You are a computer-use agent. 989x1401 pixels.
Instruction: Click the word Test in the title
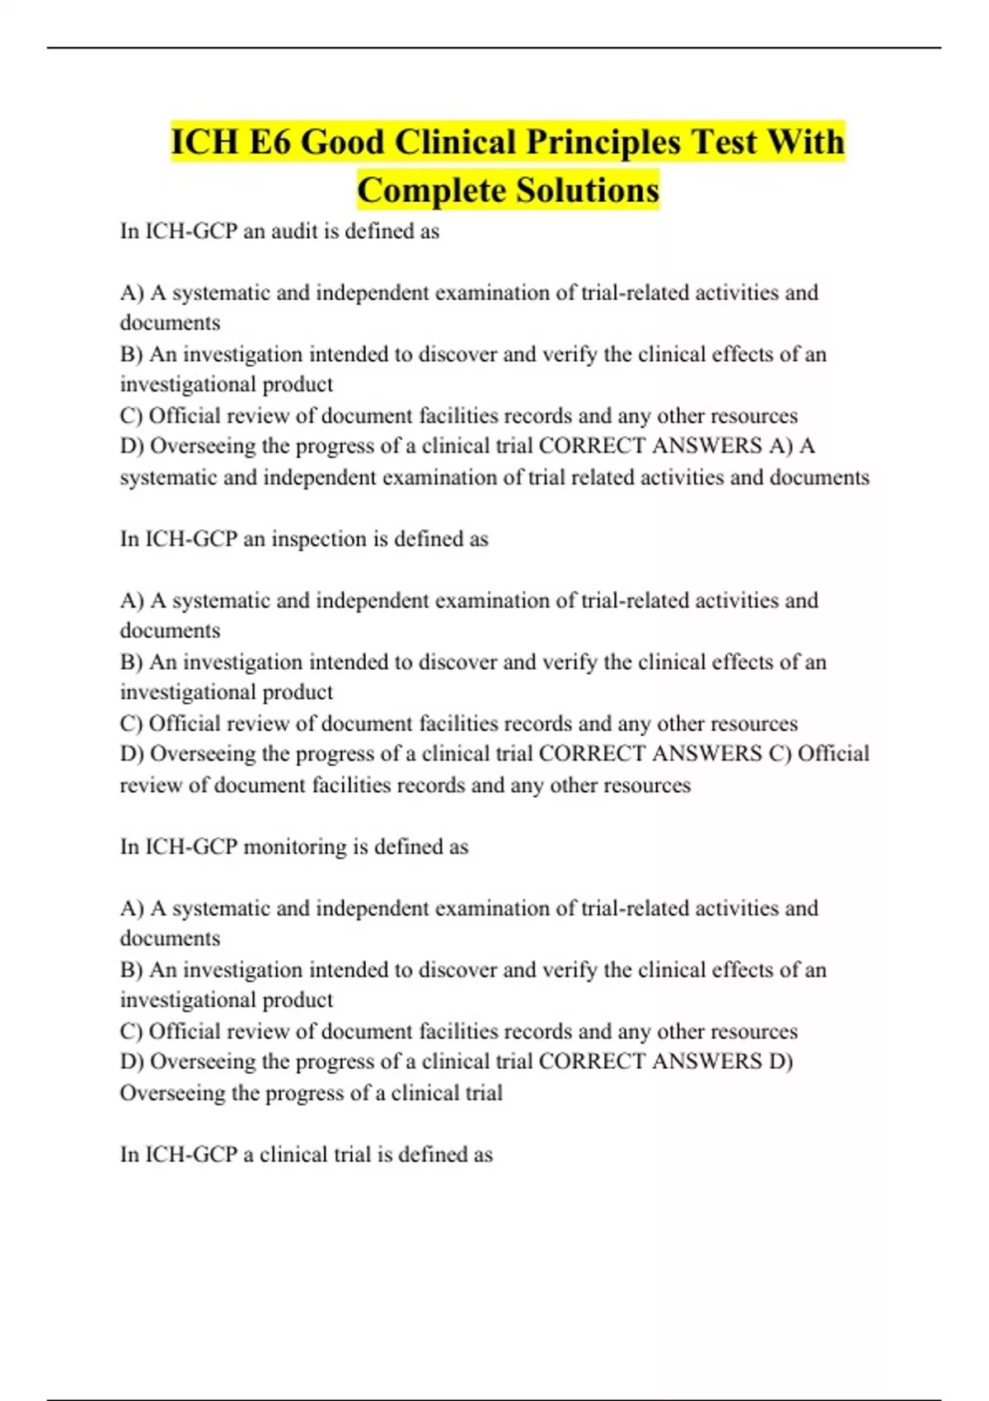724,142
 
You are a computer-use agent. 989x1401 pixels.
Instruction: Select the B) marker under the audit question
132,354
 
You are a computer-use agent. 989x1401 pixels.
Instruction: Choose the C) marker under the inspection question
132,724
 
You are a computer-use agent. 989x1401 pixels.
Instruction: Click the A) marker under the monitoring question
132,908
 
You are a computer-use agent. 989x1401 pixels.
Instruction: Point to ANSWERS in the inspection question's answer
707,754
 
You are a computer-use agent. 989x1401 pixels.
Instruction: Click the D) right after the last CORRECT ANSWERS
780,1061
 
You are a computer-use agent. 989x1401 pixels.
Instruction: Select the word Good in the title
342,142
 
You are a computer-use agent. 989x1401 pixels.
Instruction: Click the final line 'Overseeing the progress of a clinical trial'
311,1093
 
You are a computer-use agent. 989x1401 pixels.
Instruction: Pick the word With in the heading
805,142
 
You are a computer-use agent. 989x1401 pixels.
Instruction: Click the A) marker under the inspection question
132,601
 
